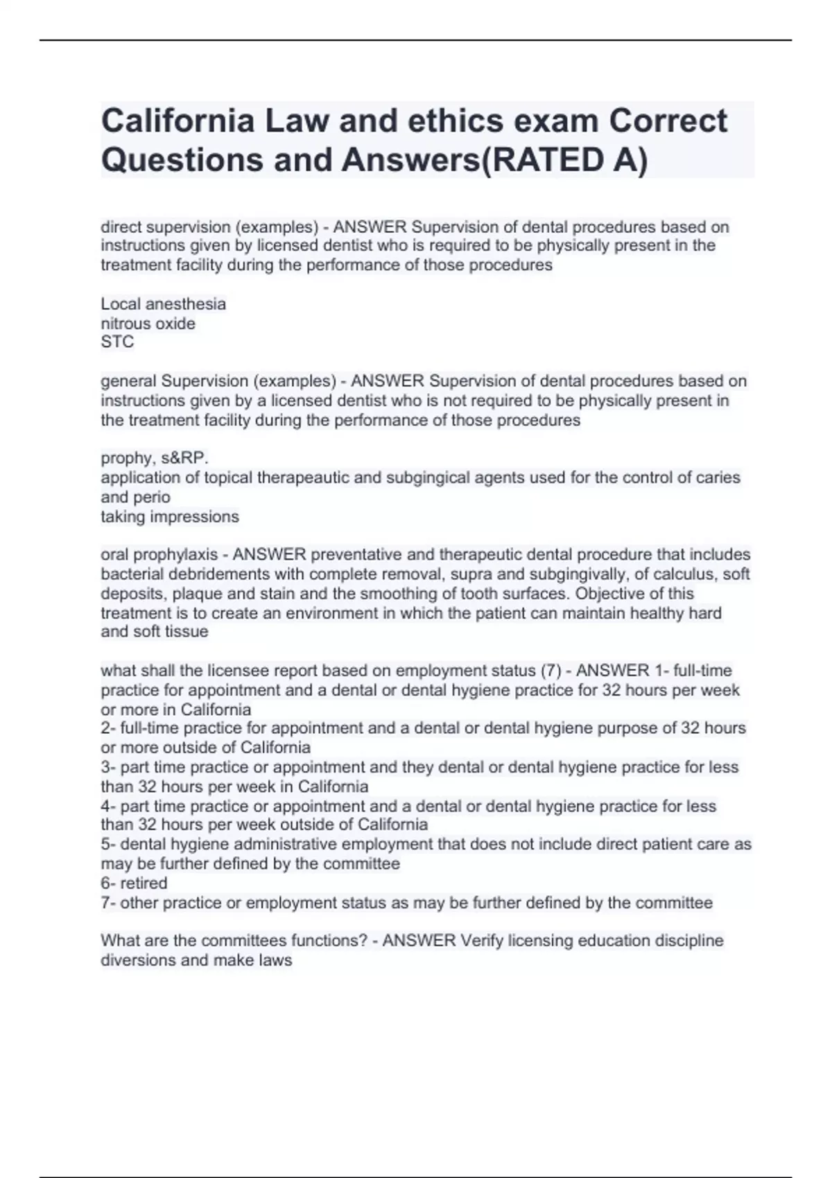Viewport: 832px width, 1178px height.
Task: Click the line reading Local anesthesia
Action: pos(163,304)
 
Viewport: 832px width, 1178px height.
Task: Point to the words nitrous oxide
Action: pos(148,324)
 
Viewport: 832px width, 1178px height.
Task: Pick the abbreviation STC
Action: pos(117,342)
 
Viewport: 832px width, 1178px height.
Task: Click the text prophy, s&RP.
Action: pos(155,458)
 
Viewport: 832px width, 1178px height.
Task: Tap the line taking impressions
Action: pos(170,517)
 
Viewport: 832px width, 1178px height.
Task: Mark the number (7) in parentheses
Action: pos(551,671)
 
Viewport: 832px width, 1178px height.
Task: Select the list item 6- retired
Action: pos(134,884)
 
